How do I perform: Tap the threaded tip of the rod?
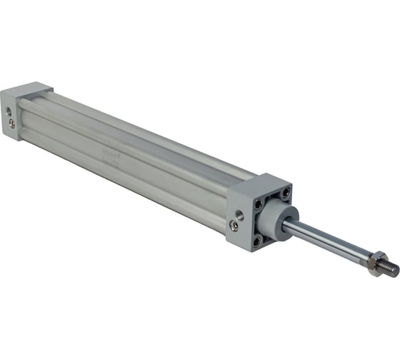392,270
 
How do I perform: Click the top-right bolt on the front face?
285,193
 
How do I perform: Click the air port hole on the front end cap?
239,214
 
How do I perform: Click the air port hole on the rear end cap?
9,111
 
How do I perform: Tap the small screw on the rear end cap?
12,123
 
